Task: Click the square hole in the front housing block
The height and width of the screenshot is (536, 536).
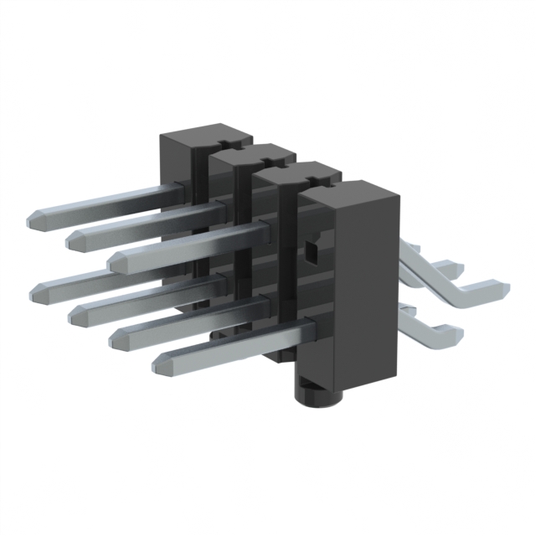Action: tap(311, 250)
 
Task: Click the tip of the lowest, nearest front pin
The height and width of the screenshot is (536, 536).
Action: tap(160, 363)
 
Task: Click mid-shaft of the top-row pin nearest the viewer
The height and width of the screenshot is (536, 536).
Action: tap(193, 242)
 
